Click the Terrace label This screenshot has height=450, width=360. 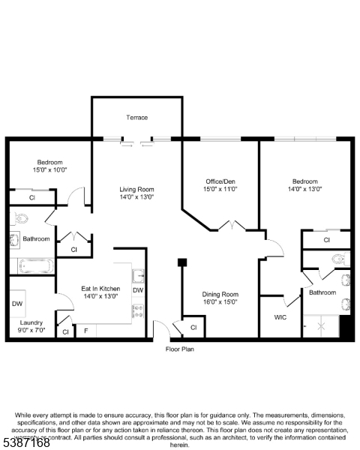pos(136,117)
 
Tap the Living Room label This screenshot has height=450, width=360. pos(137,189)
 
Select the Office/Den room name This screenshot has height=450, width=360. pos(221,181)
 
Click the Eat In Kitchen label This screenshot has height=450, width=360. pos(100,288)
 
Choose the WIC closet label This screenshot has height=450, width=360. pos(280,317)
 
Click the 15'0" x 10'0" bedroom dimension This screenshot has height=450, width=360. pos(50,170)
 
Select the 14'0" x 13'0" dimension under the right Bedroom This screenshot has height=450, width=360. pos(305,189)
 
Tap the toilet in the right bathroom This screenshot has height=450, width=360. pos(340,260)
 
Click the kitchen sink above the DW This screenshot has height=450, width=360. pos(138,274)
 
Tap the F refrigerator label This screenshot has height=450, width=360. pos(86,331)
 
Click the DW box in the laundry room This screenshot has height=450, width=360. pos(17,304)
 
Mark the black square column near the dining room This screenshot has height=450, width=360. pos(181,262)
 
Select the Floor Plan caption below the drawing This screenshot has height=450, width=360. pos(180,349)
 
